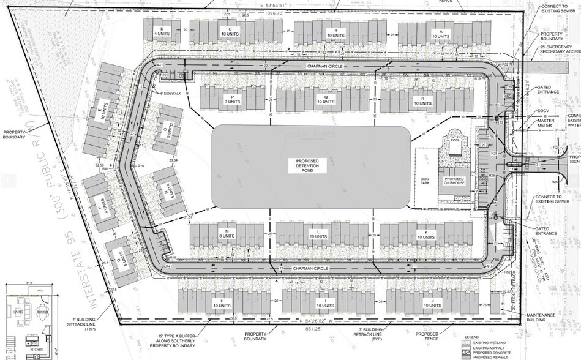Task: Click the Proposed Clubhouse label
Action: click(x=454, y=180)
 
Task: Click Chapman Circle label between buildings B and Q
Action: click(x=327, y=66)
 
